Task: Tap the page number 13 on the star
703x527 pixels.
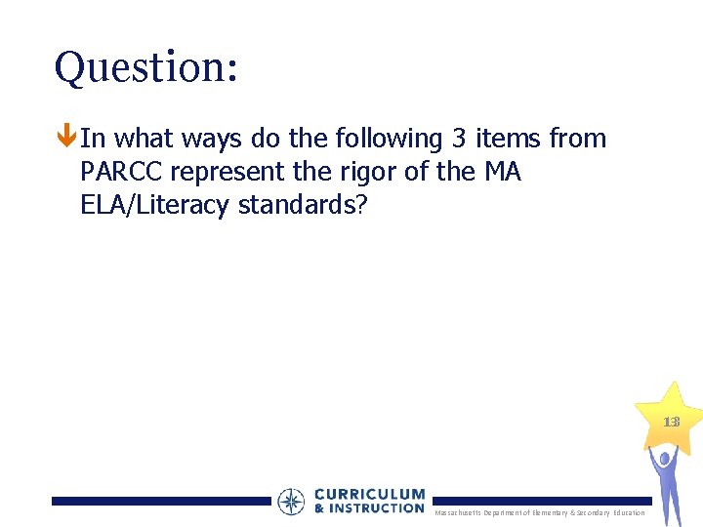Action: pos(671,423)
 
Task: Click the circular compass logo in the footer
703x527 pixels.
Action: pos(291,502)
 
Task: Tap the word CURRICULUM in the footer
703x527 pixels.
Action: pos(369,495)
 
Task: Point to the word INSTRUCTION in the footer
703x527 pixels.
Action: pos(377,508)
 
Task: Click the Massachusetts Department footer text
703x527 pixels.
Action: pos(539,512)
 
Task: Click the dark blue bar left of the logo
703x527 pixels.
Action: pos(161,501)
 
